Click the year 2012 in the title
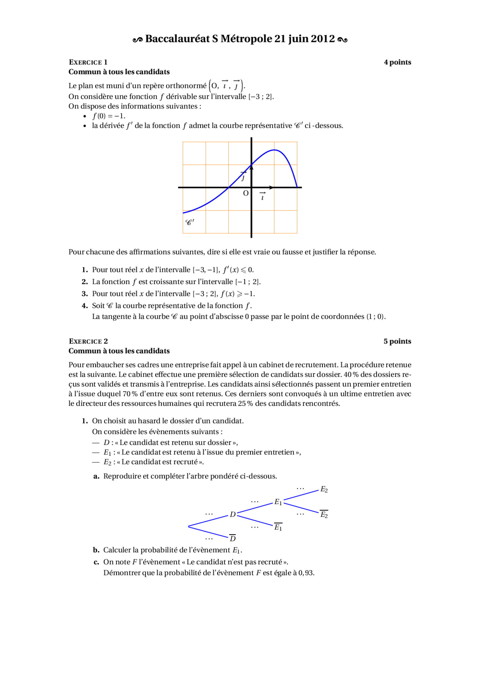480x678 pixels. [322, 39]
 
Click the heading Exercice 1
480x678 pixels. [88, 62]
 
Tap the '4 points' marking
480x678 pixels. [397, 62]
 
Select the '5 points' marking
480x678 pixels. [397, 341]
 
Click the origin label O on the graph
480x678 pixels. [246, 193]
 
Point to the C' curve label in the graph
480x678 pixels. [190, 222]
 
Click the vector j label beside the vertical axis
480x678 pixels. [243, 177]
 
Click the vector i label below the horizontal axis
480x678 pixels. [262, 197]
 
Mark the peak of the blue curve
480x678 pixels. [274, 150]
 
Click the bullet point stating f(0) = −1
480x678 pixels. [109, 116]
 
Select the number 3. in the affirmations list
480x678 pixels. [85, 294]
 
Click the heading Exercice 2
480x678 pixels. [88, 341]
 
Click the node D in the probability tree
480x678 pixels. [232, 514]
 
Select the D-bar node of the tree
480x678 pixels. [232, 538]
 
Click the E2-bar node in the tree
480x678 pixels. [324, 515]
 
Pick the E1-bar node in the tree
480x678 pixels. [278, 527]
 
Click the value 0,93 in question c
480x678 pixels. [306, 573]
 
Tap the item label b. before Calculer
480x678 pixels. [96, 550]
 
